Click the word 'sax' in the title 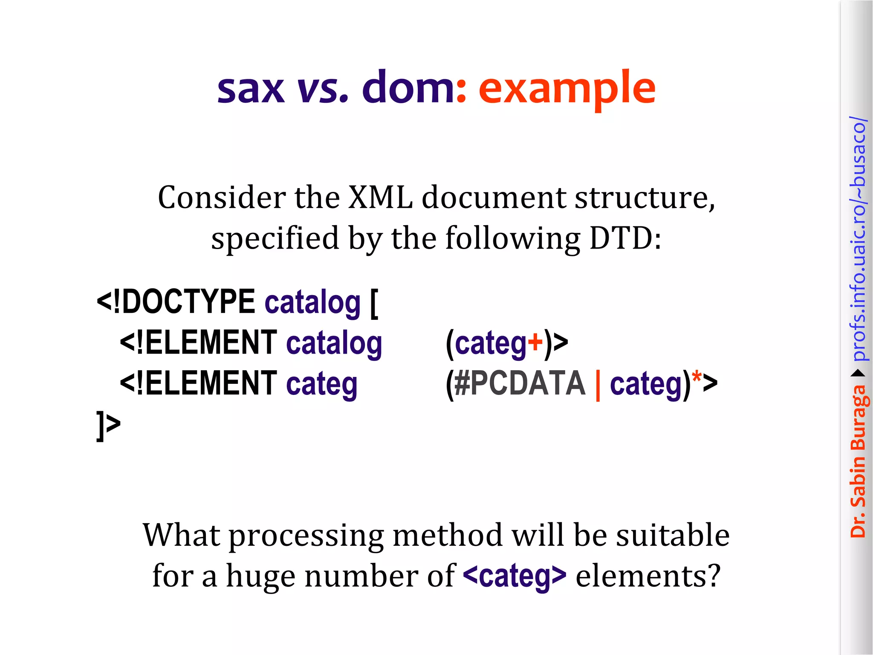pyautogui.click(x=251, y=89)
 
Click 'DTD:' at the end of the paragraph pyautogui.click(x=625, y=238)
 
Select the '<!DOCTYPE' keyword pyautogui.click(x=176, y=301)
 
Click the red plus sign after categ pyautogui.click(x=535, y=342)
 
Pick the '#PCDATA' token pyautogui.click(x=520, y=383)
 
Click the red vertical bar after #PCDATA pyautogui.click(x=598, y=385)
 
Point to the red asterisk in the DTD pyautogui.click(x=697, y=378)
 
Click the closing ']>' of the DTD pyautogui.click(x=108, y=425)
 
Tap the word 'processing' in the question pyautogui.click(x=306, y=535)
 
